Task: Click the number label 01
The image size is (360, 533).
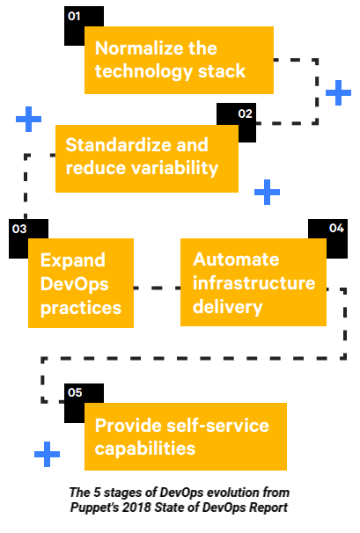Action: point(74,16)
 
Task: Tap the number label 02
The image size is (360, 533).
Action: point(245,113)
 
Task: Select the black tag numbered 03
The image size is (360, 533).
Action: point(19,229)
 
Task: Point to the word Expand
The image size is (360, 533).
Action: point(73,260)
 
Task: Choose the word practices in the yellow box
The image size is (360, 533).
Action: point(81,309)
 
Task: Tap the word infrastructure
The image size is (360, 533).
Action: point(253,283)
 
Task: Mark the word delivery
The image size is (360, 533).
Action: point(227,307)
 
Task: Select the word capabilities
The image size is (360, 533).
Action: point(144,449)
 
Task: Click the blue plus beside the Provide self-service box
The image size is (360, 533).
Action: point(47,454)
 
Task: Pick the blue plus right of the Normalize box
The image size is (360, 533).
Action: point(338,92)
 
